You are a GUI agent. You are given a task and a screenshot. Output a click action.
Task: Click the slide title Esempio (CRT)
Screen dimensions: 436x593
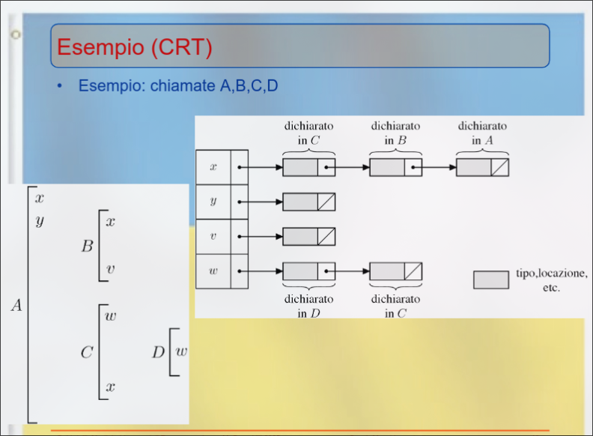point(135,47)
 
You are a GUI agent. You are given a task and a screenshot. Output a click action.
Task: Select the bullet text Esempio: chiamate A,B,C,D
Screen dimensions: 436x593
point(178,86)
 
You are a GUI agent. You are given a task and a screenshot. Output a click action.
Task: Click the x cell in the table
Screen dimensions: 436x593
point(213,167)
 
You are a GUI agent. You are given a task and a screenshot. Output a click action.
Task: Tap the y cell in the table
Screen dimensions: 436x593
point(213,202)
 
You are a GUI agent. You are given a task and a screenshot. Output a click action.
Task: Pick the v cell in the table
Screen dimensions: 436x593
point(213,237)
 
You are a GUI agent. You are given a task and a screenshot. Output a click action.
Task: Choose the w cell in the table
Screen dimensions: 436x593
point(213,271)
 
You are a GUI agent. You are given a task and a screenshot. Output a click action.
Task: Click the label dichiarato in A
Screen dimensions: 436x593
point(482,133)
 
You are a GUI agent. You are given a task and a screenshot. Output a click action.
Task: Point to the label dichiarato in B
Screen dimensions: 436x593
point(395,133)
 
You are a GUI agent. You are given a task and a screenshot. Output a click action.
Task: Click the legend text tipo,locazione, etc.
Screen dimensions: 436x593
point(552,280)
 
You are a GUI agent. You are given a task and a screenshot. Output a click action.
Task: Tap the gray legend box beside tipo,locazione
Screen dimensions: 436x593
point(491,280)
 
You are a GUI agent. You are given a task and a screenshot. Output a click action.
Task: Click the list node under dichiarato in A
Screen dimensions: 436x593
point(482,167)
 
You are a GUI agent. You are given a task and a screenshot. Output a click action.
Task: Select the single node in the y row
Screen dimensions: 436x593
point(308,202)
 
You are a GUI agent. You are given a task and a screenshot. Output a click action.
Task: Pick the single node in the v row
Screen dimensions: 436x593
point(308,237)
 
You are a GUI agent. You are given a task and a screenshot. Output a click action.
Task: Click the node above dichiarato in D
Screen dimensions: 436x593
point(308,271)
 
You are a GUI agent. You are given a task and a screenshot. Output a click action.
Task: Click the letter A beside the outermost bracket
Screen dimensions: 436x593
point(16,305)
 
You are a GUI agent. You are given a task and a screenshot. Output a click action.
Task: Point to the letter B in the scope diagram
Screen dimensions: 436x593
point(88,246)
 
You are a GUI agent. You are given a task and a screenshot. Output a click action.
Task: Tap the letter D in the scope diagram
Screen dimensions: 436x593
point(158,351)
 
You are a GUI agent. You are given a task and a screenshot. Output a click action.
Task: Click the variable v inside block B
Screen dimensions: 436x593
point(110,269)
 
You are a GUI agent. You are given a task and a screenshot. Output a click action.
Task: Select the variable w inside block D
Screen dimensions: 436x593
point(181,351)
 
